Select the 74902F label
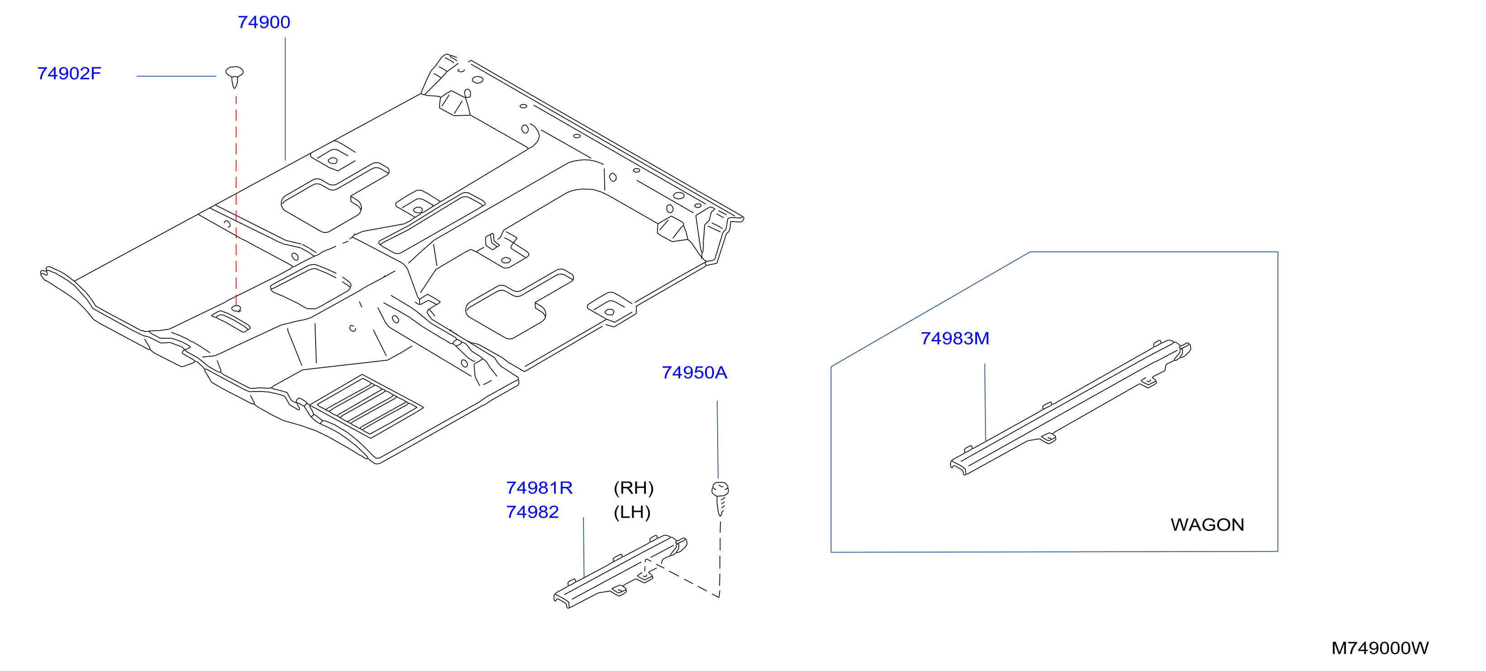[x=69, y=74]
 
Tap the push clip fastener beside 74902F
[x=234, y=77]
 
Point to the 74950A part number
[x=694, y=373]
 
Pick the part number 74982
[x=532, y=512]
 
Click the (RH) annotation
[x=634, y=488]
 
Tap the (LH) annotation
[x=632, y=512]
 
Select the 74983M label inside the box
[x=955, y=339]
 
